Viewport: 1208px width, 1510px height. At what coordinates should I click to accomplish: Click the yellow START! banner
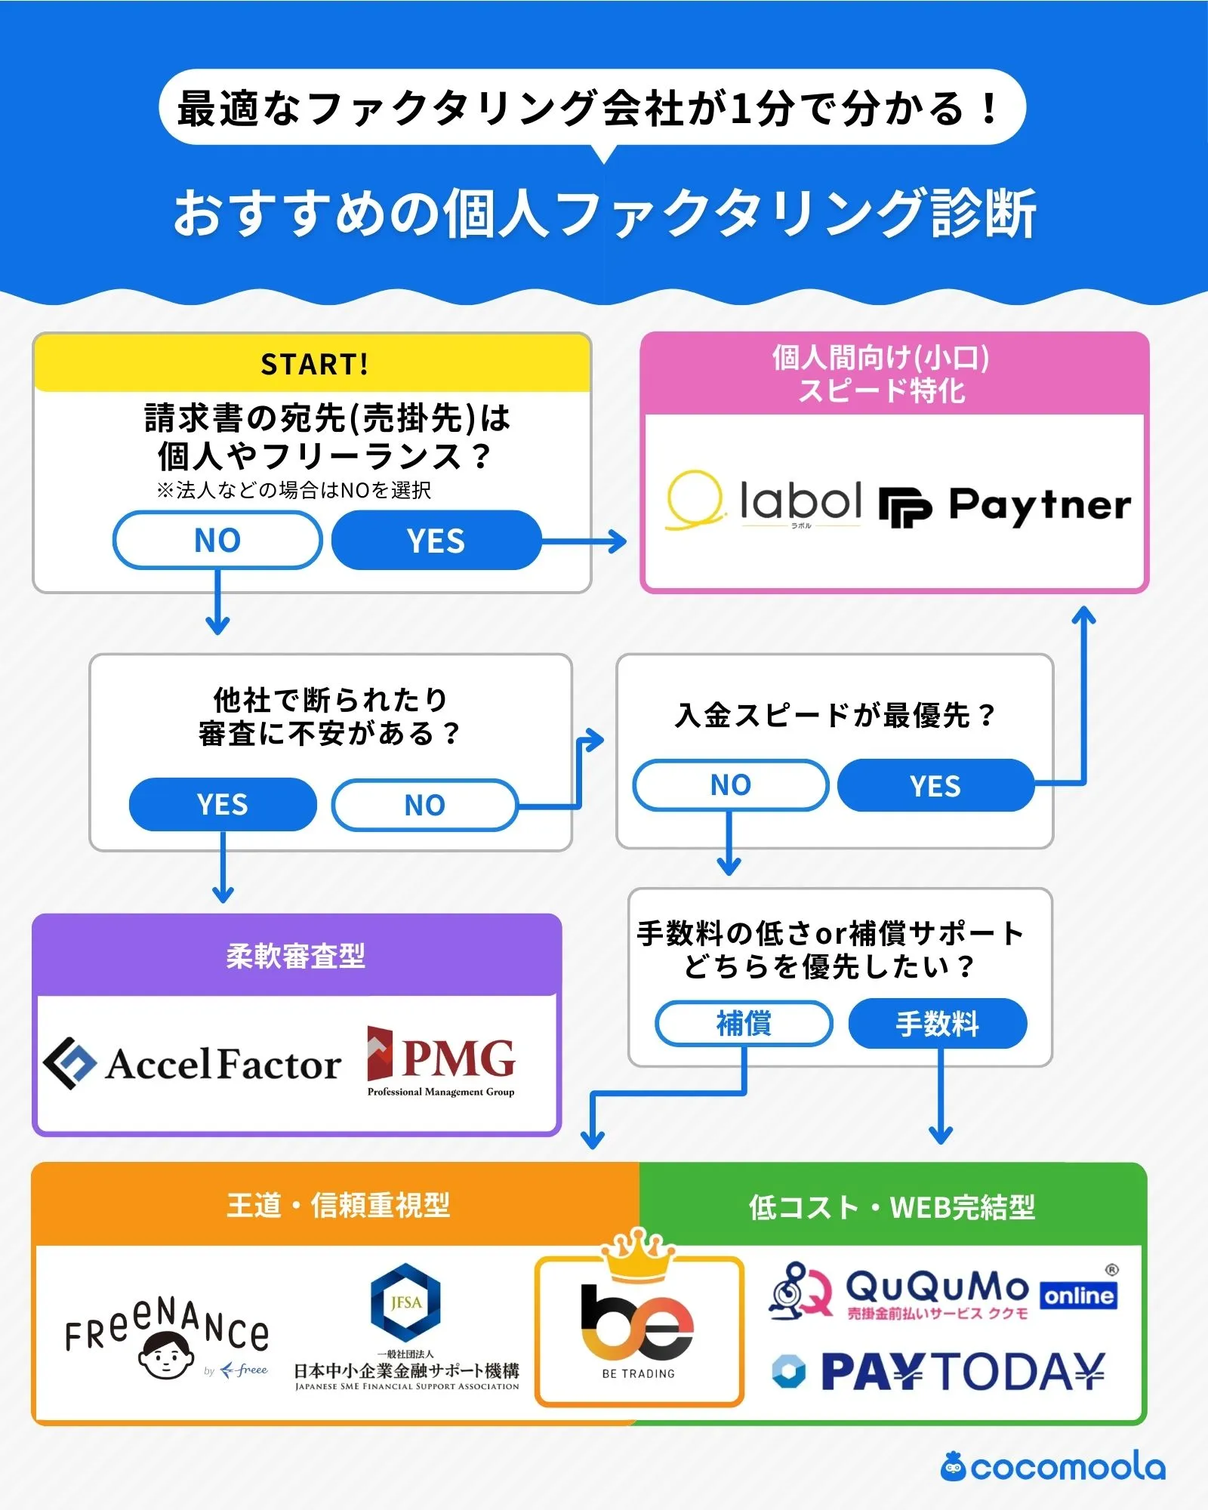(313, 364)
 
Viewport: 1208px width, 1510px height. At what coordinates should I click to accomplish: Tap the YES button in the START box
(436, 541)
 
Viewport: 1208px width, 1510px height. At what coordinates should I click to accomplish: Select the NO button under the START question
(217, 541)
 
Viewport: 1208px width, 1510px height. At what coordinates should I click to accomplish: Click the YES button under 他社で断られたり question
(223, 805)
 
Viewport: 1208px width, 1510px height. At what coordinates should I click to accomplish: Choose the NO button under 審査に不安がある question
(424, 806)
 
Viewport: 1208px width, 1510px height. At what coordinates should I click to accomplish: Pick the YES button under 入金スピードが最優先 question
(935, 786)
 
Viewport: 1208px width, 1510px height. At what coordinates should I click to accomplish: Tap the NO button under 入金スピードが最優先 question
(730, 785)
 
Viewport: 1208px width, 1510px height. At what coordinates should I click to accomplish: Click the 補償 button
(744, 1024)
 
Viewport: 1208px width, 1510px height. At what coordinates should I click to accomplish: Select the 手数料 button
(937, 1025)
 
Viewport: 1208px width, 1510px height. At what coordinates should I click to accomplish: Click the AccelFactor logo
(193, 1064)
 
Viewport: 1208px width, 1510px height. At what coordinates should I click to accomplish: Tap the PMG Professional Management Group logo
(441, 1062)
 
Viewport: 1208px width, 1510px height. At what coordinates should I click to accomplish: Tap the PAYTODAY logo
(939, 1372)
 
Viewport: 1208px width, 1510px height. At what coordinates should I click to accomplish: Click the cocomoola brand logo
(1052, 1468)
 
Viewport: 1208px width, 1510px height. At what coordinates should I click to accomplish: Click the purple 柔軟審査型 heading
(296, 956)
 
